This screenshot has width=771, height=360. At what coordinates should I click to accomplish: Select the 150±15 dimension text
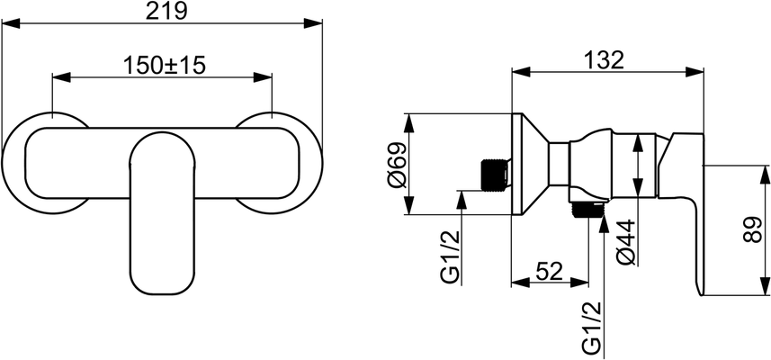pos(163,66)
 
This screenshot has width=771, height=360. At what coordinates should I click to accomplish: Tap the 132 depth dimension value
pos(604,60)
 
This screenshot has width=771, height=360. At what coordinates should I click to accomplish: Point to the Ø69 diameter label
pos(398,165)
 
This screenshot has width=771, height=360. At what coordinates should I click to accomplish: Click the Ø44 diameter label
pos(627,242)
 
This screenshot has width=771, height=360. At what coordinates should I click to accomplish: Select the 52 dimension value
pos(549,271)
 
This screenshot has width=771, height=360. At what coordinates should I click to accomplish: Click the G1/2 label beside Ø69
pos(451,256)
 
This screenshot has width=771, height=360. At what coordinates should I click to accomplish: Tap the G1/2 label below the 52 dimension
pos(592,328)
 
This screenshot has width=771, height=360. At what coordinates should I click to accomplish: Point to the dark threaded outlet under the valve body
pos(588,210)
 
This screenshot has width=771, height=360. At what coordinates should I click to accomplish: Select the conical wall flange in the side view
pos(530,165)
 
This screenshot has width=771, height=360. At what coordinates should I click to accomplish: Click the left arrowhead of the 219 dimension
pos(11,23)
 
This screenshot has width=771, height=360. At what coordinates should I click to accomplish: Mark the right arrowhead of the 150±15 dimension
pos(263,77)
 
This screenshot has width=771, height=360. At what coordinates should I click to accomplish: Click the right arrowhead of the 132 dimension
pos(695,72)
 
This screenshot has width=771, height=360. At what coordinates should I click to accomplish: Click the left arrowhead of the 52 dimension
pos(521,283)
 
